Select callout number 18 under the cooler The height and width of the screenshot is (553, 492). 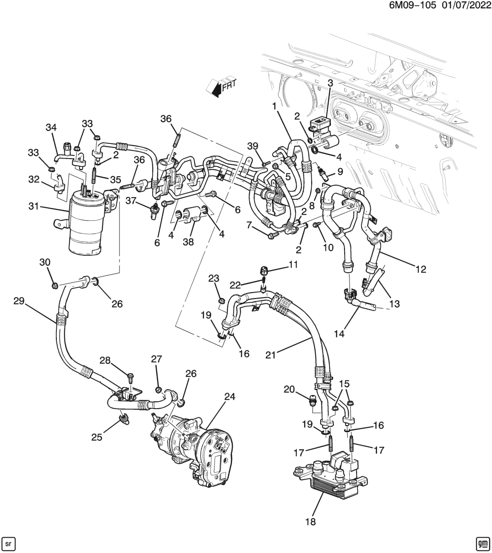coord(311,521)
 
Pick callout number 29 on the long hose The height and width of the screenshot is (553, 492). coord(19,300)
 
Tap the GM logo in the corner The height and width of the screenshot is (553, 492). coord(482,543)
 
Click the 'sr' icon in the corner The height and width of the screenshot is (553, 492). coord(9,543)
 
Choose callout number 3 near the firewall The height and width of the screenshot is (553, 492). coord(330,83)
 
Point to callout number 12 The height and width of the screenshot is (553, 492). coord(421,269)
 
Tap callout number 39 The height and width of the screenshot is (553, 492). coord(253,147)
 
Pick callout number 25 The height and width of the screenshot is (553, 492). coord(97,437)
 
